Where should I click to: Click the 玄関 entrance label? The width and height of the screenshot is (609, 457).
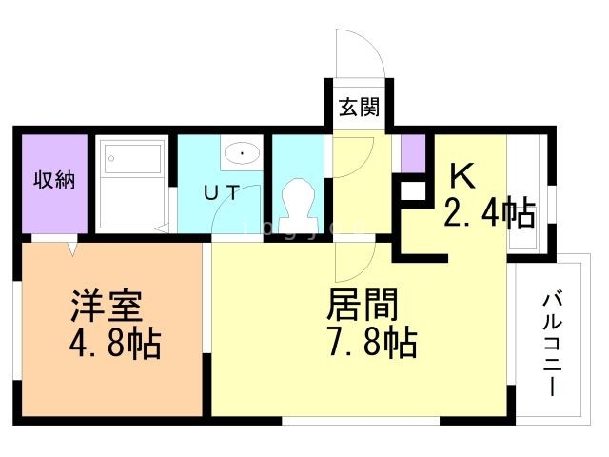tap(359, 106)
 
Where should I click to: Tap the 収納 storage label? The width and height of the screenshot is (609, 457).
tap(54, 180)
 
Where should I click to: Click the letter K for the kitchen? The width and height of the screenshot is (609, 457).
tap(462, 176)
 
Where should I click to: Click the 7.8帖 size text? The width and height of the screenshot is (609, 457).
tap(372, 342)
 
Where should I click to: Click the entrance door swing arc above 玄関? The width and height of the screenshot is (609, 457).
tap(359, 52)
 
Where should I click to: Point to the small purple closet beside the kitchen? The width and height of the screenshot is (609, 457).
tap(412, 153)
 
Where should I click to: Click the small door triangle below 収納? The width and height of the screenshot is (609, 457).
tap(72, 248)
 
